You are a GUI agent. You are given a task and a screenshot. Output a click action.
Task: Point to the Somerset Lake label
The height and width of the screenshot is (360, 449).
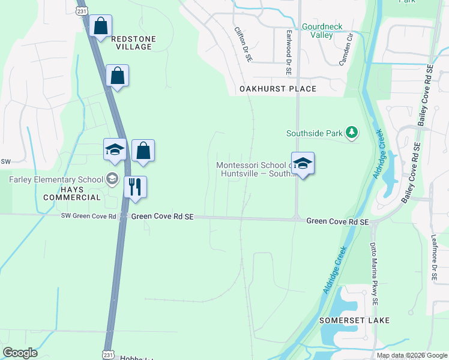coord(354,320)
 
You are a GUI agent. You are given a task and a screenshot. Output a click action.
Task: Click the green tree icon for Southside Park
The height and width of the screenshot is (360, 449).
coord(352,133)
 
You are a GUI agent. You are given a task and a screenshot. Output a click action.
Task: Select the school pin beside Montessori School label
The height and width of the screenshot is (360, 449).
coord(303,164)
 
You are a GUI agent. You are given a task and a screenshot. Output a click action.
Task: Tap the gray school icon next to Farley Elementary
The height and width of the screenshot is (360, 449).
coord(112,178)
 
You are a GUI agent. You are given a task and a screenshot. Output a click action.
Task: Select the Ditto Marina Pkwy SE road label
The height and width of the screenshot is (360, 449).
coord(375,275)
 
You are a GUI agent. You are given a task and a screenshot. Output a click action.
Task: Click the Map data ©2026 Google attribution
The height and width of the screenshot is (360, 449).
coord(412,355)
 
